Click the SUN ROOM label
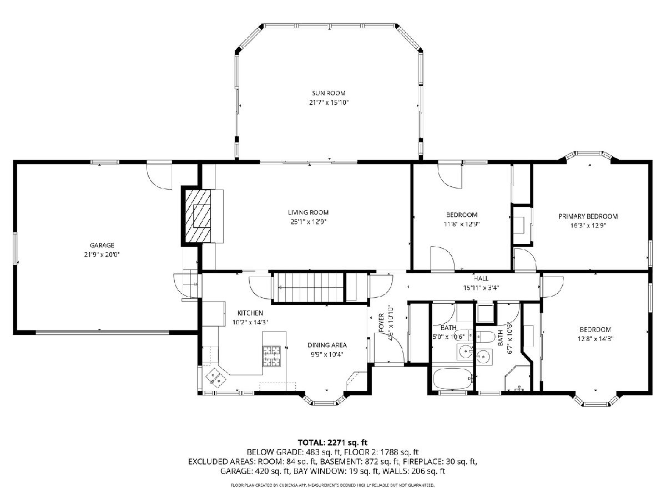(329, 93)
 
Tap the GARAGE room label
(102, 245)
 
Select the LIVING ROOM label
(308, 212)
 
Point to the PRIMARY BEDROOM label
(588, 216)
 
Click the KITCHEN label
(250, 313)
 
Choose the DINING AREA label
(327, 345)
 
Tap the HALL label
(481, 278)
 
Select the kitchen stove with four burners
(271, 356)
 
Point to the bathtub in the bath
(453, 379)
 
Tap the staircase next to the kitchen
(309, 288)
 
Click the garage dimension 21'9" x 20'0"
(102, 255)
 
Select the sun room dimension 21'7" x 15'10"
(329, 103)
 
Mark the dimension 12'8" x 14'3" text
(596, 339)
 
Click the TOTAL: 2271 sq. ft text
(332, 442)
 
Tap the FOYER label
(381, 322)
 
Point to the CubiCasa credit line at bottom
(332, 485)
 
